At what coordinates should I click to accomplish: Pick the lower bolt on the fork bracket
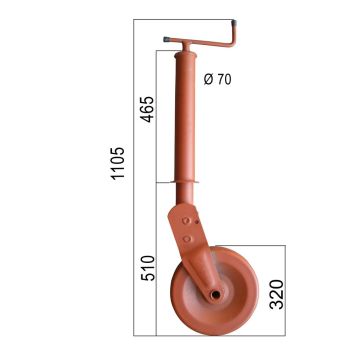(x=186, y=238)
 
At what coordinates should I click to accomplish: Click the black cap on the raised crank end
(x=233, y=21)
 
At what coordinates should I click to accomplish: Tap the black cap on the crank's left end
(x=164, y=41)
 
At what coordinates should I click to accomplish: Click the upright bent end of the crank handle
(x=231, y=32)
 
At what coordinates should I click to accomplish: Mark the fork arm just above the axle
(x=205, y=270)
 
